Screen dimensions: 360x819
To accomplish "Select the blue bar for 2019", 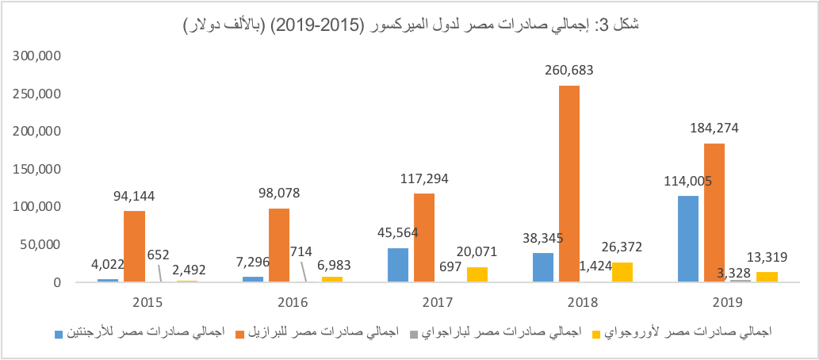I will coord(688,239).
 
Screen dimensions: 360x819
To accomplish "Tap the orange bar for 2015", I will coord(134,246).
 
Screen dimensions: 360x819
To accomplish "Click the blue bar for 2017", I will coord(398,265).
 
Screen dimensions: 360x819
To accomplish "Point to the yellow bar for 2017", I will coord(477,274).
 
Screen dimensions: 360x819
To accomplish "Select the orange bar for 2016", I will coord(279,245).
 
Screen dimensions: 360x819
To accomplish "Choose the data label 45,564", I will coord(397,233).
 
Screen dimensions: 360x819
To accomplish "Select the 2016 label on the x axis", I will coord(293,302).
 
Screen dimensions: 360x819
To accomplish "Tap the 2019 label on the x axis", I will coord(728,302).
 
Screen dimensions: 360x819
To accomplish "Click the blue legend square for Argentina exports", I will coord(59,331).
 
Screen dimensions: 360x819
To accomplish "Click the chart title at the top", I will coord(411,26).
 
